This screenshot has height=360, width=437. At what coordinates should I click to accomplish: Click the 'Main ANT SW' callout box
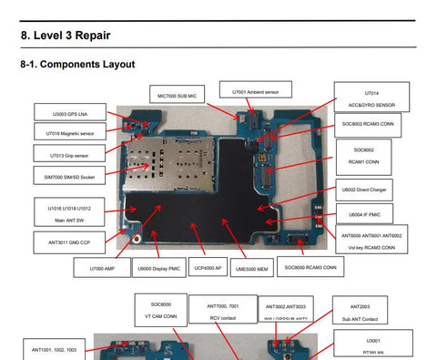pos(70,214)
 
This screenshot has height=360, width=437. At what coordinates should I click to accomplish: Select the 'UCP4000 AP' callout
pos(208,269)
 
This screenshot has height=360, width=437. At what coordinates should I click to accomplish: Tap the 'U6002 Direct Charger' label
pos(365,190)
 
